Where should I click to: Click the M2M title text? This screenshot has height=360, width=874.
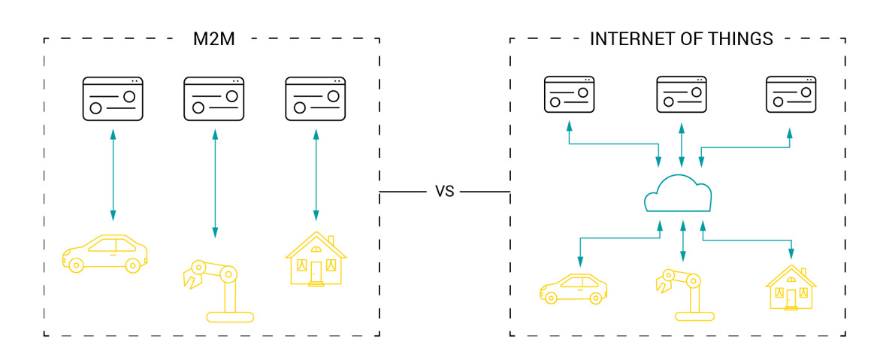coord(214,39)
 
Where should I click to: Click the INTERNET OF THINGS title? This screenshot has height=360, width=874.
coord(681,39)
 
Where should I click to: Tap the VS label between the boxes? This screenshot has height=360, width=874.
coord(445,192)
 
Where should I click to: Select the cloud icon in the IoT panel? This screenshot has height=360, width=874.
coord(678,195)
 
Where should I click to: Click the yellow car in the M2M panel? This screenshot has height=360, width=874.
coord(104,253)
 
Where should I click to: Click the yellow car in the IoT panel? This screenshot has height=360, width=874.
coord(573,289)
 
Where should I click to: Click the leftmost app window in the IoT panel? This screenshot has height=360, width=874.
coord(569,95)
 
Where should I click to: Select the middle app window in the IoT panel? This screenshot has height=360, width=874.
coord(682,95)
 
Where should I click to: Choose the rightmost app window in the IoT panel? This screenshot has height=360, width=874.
coord(791,95)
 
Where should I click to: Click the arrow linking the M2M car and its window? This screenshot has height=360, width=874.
coord(113,174)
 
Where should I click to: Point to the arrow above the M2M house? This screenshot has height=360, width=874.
coord(316,174)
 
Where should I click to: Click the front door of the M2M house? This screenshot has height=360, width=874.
coord(316,272)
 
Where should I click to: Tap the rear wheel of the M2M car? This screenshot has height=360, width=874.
coord(133,265)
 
